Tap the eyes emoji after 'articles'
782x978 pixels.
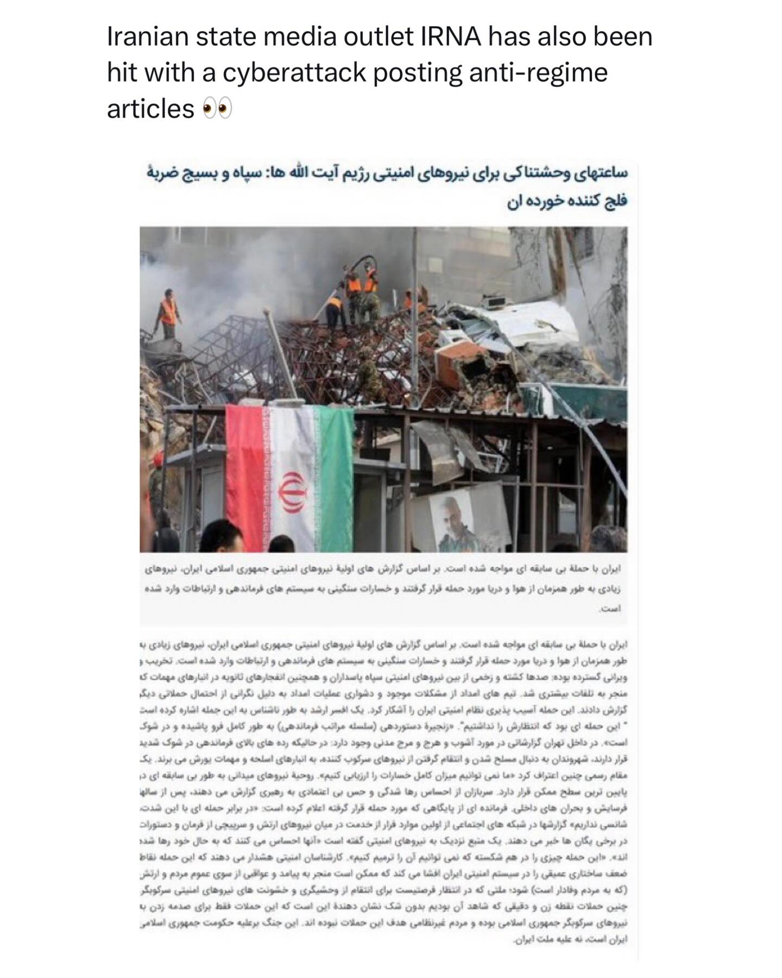pos(217,109)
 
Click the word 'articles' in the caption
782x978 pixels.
pos(150,109)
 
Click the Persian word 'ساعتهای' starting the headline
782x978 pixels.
pos(600,174)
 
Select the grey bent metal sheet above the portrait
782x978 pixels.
pos(445,440)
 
